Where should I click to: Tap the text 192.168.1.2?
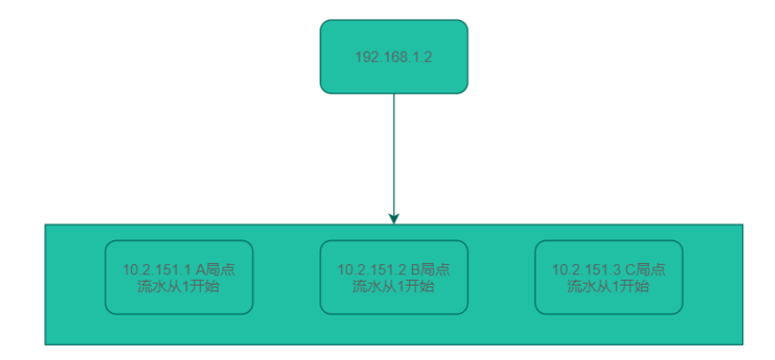click(393, 57)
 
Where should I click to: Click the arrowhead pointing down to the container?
click(394, 218)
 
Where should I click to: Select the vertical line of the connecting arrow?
click(394, 151)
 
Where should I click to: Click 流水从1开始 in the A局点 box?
click(178, 286)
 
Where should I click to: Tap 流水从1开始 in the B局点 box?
click(393, 286)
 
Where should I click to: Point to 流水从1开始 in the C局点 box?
click(608, 286)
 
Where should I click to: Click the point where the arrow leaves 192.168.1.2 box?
click(394, 94)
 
